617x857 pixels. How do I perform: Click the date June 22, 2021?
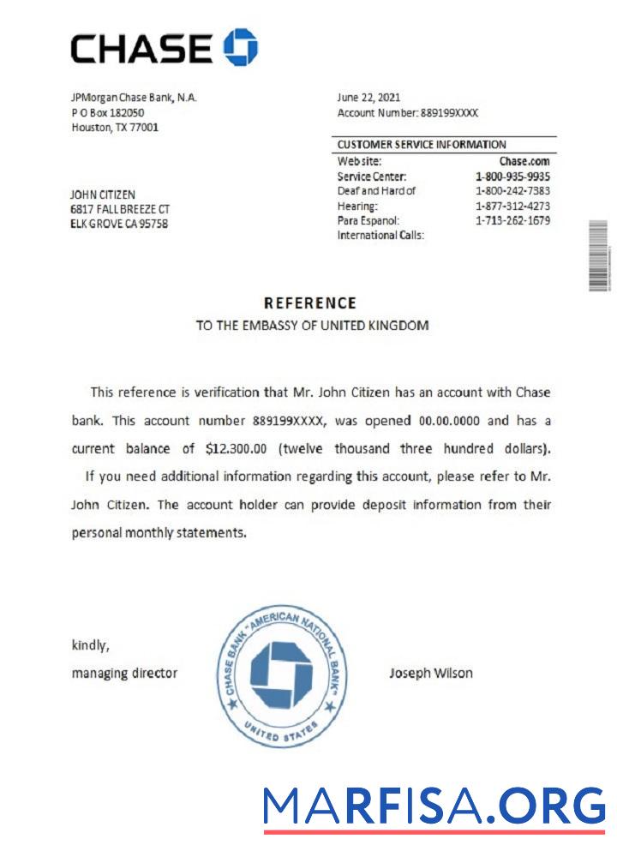(368, 98)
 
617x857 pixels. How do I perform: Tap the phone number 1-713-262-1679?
(512, 220)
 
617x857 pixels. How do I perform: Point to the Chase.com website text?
(524, 161)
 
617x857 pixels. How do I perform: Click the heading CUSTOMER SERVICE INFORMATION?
(422, 145)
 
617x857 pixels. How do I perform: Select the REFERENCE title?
(309, 303)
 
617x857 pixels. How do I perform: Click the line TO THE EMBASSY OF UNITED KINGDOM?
(312, 326)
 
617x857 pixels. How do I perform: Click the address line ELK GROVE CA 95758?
(119, 224)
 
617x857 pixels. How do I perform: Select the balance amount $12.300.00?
(237, 448)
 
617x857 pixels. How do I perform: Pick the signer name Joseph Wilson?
(431, 673)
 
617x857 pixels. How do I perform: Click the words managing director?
(124, 673)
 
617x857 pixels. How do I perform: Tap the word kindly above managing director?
(90, 645)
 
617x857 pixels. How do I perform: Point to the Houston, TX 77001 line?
(115, 127)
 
